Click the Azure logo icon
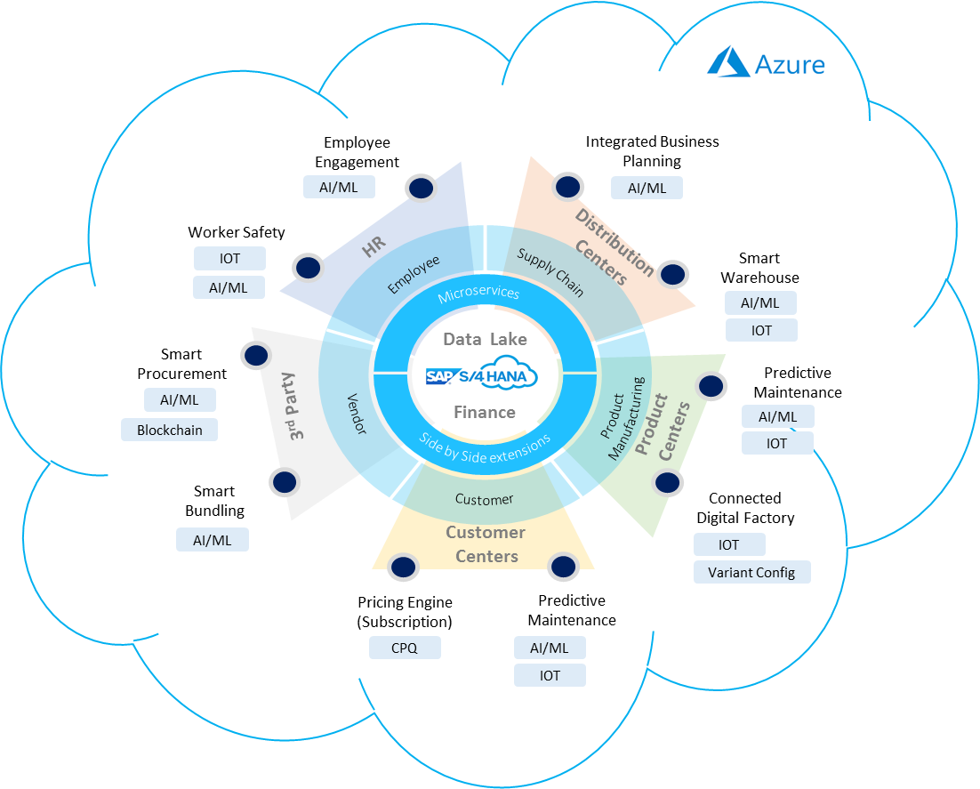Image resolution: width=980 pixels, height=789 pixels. pyautogui.click(x=728, y=62)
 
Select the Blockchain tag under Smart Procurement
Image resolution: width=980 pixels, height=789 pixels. pyautogui.click(x=169, y=430)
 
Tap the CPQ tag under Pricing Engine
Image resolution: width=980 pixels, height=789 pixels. pyautogui.click(x=405, y=648)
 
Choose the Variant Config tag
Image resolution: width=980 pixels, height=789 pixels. pyautogui.click(x=751, y=572)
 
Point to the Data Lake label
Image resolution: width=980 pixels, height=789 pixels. pyautogui.click(x=485, y=339)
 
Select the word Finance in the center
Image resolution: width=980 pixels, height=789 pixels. pyautogui.click(x=485, y=412)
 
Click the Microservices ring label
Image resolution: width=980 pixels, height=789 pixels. pyautogui.click(x=478, y=294)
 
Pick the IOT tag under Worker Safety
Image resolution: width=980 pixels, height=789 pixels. pyautogui.click(x=229, y=259)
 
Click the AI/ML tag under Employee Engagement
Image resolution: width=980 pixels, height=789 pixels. pyautogui.click(x=339, y=187)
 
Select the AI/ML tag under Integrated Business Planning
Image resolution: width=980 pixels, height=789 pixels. pyautogui.click(x=647, y=188)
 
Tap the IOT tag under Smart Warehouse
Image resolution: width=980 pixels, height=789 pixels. pyautogui.click(x=761, y=330)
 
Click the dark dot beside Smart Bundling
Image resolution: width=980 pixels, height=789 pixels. pyautogui.click(x=285, y=482)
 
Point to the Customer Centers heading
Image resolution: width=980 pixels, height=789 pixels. pyautogui.click(x=486, y=543)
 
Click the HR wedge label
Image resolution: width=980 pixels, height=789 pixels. pyautogui.click(x=374, y=249)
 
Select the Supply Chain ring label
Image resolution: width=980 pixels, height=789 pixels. pyautogui.click(x=550, y=272)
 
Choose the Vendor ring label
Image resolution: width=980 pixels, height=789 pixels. pyautogui.click(x=355, y=415)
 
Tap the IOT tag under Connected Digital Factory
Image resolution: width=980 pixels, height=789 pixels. pyautogui.click(x=728, y=544)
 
